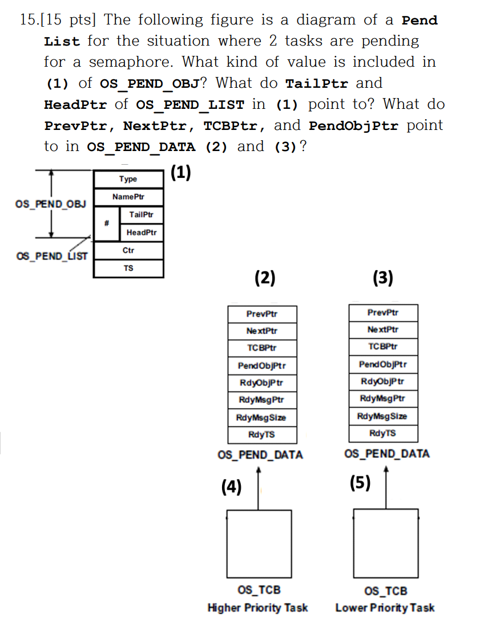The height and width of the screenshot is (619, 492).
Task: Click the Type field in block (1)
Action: click(x=128, y=179)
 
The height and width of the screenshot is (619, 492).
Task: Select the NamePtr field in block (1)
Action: click(x=128, y=197)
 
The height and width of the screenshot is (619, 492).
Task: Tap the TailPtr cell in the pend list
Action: click(x=141, y=214)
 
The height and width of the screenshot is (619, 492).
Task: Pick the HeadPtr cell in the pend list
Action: click(x=141, y=232)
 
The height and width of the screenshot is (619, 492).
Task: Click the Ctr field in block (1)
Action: click(x=128, y=250)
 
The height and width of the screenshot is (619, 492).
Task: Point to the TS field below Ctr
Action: click(x=128, y=268)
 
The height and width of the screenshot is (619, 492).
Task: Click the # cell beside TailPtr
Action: click(x=106, y=223)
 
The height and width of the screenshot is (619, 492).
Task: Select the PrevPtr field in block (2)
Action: click(x=262, y=313)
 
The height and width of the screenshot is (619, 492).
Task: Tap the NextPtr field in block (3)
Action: click(x=383, y=329)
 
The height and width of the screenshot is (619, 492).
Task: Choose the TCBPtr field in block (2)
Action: click(x=262, y=348)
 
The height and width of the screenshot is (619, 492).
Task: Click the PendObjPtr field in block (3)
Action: click(x=383, y=364)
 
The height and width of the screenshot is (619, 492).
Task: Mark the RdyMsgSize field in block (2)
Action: click(x=262, y=417)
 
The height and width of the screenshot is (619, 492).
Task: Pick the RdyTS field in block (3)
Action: click(x=383, y=433)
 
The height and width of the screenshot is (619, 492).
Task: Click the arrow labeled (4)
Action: click(x=260, y=487)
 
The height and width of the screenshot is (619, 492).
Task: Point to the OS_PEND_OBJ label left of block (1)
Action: click(x=51, y=204)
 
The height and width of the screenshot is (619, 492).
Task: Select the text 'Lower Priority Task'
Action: click(x=385, y=607)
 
